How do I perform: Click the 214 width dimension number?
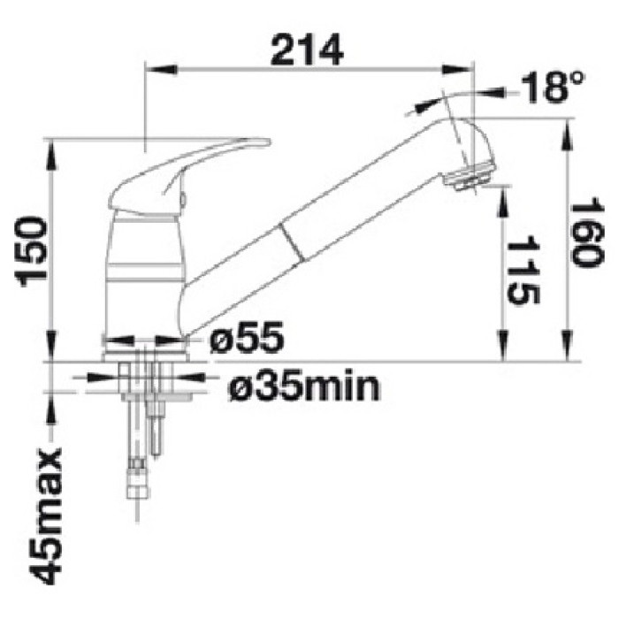click(x=307, y=50)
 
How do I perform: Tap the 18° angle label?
click(x=552, y=88)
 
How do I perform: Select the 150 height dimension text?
click(x=31, y=251)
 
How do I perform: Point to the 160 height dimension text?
click(x=588, y=235)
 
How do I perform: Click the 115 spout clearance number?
click(x=523, y=271)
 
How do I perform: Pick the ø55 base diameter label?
click(x=247, y=337)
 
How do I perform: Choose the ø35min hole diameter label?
click(x=303, y=387)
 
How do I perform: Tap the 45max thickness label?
click(x=46, y=517)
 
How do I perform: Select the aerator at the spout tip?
click(x=467, y=180)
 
